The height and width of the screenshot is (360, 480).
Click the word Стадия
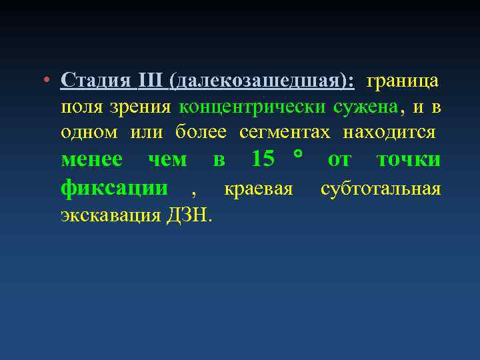tap(95, 81)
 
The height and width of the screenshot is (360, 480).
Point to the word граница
tap(403, 81)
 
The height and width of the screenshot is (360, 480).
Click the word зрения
tap(139, 107)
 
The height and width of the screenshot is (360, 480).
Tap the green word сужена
tap(366, 107)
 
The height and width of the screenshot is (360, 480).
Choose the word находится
tap(389, 132)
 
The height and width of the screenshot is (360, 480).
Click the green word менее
tap(91, 160)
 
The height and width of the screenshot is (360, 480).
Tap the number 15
tap(263, 160)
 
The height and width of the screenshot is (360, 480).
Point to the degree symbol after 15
tap(297, 155)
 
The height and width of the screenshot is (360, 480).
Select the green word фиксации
tap(114, 188)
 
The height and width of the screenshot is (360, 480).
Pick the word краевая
tap(259, 189)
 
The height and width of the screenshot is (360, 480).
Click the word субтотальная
tap(381, 189)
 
